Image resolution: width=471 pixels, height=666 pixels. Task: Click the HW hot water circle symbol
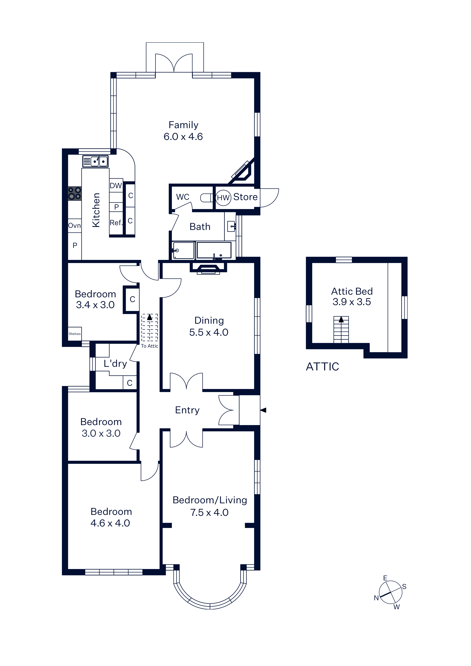[223, 198]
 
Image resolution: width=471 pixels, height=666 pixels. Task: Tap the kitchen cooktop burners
[75, 193]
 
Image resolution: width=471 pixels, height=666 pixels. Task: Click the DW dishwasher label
[116, 186]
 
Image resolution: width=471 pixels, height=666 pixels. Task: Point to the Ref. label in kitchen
[116, 223]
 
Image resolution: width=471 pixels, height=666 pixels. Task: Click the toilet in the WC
[207, 198]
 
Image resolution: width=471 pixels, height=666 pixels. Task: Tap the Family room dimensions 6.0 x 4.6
[183, 137]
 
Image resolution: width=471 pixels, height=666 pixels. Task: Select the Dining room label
[209, 320]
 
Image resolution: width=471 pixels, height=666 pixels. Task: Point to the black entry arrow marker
[263, 410]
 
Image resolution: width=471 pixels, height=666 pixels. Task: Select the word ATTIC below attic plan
[322, 367]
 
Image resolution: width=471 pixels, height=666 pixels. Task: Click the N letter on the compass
[376, 598]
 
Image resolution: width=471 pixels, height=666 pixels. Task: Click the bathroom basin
[231, 226]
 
